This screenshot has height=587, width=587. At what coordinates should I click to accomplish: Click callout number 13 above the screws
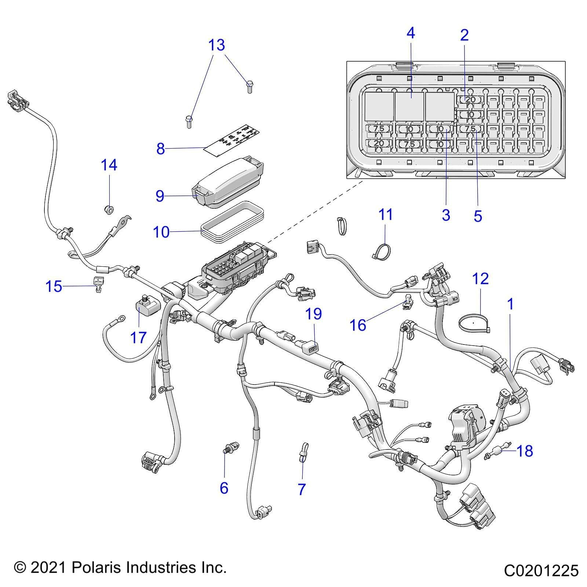click(x=216, y=45)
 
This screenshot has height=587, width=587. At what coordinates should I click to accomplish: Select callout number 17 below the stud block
click(x=138, y=338)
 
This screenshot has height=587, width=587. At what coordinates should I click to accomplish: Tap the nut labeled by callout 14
click(x=108, y=210)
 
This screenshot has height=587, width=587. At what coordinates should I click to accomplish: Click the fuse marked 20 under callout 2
click(x=470, y=99)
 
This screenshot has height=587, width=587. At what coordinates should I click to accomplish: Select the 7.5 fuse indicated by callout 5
click(x=470, y=129)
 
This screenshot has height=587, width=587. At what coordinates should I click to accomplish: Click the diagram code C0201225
click(x=541, y=571)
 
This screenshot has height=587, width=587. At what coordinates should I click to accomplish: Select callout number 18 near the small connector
click(x=525, y=451)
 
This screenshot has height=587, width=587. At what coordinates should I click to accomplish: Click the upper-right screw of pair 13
click(x=250, y=87)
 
